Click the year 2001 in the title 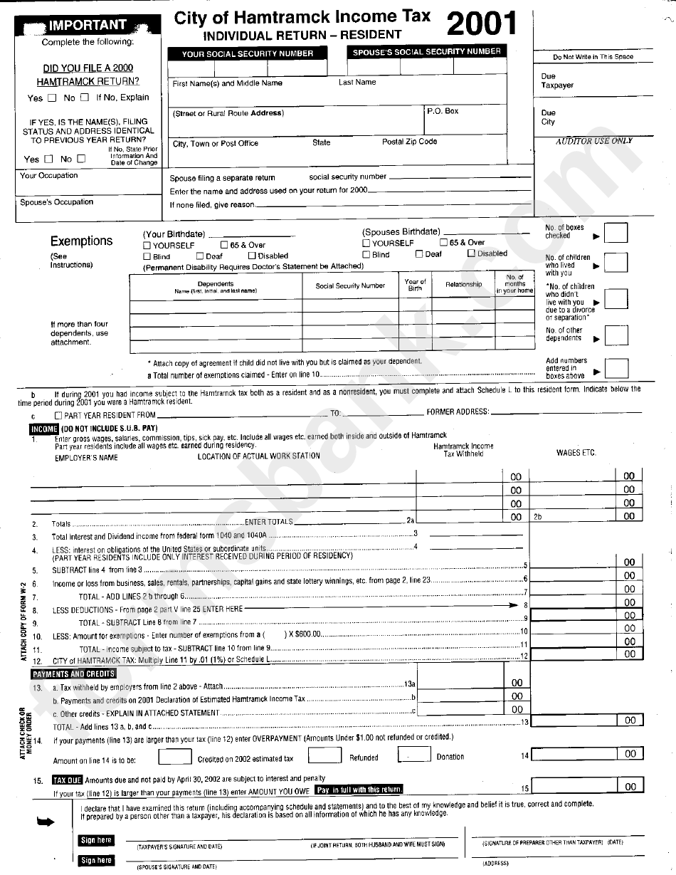(x=481, y=25)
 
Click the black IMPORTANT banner (x=87, y=26)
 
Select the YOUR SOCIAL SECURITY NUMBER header (x=247, y=53)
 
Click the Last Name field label (x=357, y=83)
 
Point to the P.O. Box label (x=443, y=111)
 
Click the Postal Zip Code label (x=409, y=142)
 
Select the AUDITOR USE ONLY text (x=593, y=141)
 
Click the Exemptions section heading (x=81, y=241)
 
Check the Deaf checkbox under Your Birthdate (x=201, y=256)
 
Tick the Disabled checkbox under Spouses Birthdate (x=471, y=253)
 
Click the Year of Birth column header (x=415, y=285)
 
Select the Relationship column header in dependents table (x=463, y=285)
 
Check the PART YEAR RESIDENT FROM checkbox (x=58, y=414)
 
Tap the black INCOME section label (x=43, y=429)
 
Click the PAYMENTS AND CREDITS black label (x=73, y=674)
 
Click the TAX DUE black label (x=68, y=779)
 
